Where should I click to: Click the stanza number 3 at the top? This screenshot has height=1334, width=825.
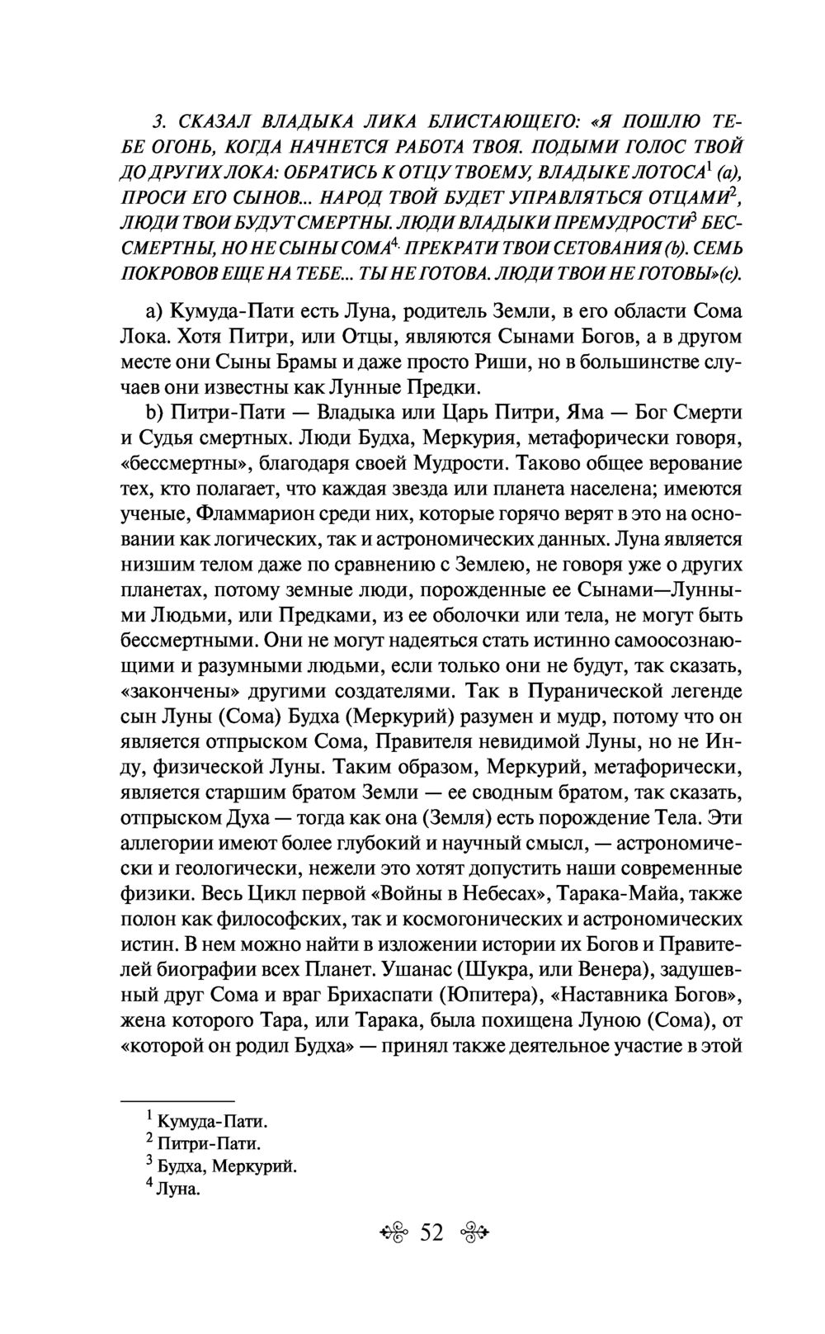(159, 122)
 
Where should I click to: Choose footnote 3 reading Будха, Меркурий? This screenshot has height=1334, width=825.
(225, 1166)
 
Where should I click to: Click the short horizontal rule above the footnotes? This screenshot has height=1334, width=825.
(177, 1101)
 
